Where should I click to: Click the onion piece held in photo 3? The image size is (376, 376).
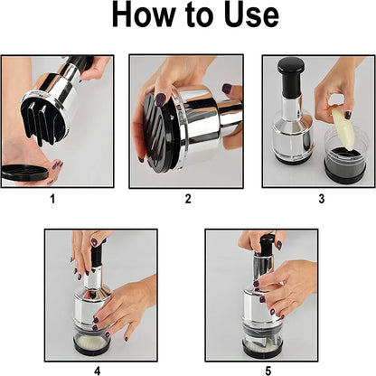click(x=341, y=124)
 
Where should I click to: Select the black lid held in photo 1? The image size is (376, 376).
click(x=27, y=171)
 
